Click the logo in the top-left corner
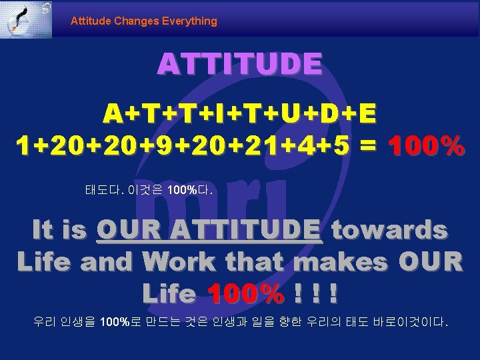pos(26,19)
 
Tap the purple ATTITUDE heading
pos(239,65)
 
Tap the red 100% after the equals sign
pos(427,145)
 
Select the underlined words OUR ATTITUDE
pos(209,230)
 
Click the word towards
pos(389,230)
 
